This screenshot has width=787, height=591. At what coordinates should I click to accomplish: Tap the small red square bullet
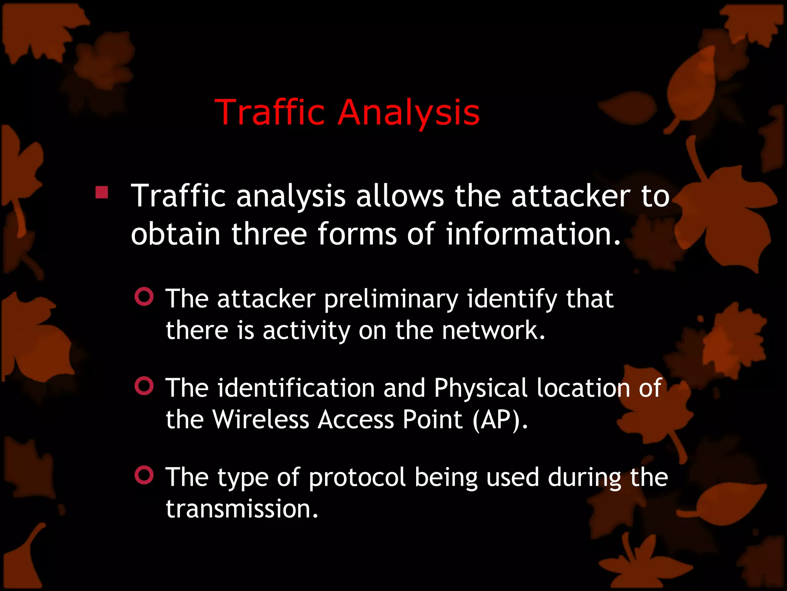[x=102, y=192]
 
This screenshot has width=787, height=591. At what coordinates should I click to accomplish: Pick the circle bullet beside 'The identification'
[x=144, y=386]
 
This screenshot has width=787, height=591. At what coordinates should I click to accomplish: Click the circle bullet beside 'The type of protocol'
[x=144, y=476]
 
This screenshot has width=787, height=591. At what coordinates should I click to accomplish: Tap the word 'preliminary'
[x=391, y=299]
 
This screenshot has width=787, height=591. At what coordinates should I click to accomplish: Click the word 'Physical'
[x=480, y=388]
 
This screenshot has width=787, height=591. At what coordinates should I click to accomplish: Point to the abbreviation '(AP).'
[x=500, y=420]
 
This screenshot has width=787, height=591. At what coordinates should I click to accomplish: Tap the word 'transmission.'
[x=242, y=509]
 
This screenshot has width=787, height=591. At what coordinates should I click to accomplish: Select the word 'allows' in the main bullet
[x=400, y=196]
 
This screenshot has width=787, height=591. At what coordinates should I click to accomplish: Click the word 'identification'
[x=296, y=387]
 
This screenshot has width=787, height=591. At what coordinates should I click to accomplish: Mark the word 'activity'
[x=306, y=331]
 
